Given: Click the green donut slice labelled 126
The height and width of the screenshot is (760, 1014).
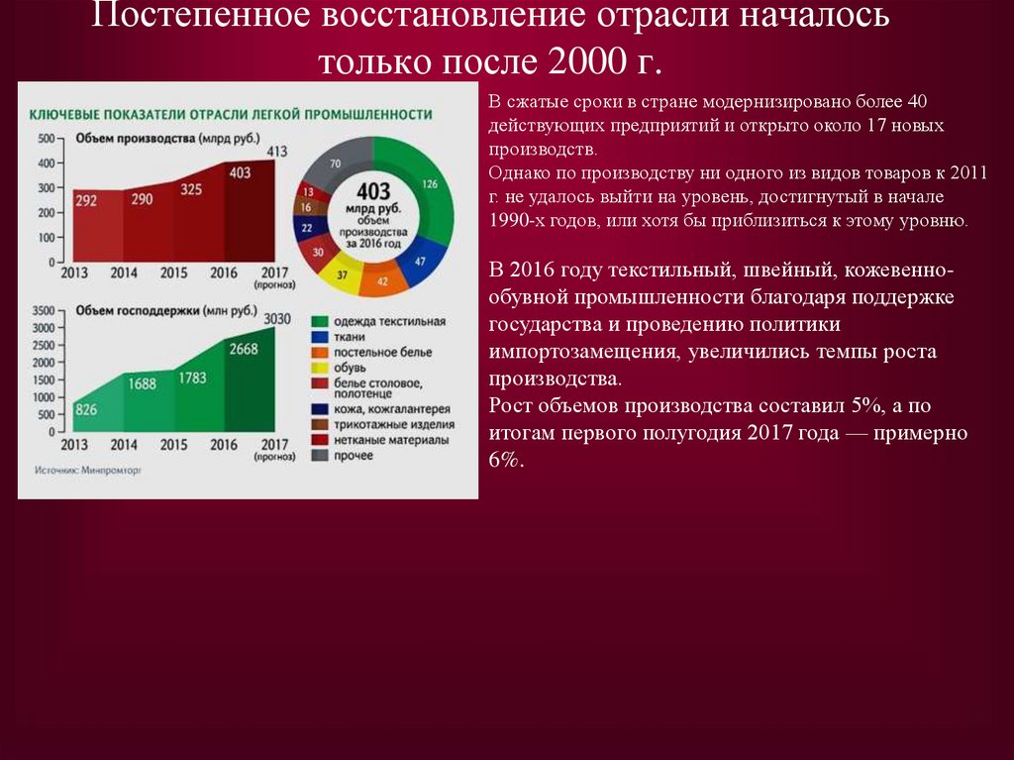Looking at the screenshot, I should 429,185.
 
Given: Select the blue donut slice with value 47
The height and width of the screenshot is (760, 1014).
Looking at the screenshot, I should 419,260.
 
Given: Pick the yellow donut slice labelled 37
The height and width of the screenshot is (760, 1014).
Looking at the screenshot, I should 342,274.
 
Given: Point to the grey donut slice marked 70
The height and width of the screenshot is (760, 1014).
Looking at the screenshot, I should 336,163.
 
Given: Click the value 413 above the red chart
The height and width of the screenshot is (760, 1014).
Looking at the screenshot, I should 277,151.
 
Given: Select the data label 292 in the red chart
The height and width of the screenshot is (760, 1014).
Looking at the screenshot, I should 86,201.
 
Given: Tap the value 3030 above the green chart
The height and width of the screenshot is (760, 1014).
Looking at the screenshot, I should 277,318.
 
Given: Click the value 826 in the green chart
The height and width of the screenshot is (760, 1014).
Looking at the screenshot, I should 86,409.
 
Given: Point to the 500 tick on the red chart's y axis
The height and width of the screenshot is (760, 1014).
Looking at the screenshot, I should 45,138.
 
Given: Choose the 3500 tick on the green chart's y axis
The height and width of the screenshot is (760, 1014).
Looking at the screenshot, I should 42,311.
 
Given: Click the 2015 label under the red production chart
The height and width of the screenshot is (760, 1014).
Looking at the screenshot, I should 174,273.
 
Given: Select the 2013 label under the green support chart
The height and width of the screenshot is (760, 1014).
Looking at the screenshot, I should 74,444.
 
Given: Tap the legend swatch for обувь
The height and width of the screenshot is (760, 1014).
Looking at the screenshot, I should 320,367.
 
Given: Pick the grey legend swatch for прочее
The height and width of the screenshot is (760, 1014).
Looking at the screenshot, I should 320,456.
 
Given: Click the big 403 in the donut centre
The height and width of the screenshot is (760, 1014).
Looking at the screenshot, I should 373,190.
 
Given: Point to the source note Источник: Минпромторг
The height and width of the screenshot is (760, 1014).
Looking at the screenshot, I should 88,472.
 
